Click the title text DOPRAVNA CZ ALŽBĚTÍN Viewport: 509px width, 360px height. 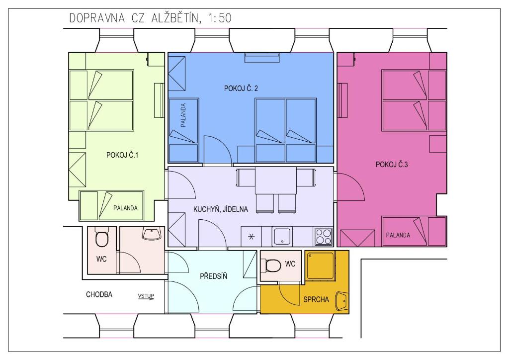coord(133,18)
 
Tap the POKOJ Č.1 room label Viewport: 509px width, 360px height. coord(122,155)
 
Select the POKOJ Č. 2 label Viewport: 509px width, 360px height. coord(241,89)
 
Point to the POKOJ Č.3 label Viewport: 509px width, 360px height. coord(392,165)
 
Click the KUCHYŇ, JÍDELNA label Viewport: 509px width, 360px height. coord(221,209)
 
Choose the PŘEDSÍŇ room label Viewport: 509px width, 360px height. coord(213,276)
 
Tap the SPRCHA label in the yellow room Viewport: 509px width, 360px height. coord(316,299)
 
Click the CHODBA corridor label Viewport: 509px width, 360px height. coord(99,294)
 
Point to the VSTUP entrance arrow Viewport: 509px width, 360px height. coord(146,297)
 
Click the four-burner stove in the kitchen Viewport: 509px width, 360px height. coord(324,236)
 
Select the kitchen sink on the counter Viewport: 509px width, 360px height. coord(282,236)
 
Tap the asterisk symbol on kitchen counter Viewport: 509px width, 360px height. coord(251,237)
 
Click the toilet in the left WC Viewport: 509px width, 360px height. coord(101,238)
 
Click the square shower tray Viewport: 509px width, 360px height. coord(321,266)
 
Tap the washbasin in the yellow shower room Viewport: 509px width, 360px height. coord(342,301)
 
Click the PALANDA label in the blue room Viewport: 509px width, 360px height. coord(183,115)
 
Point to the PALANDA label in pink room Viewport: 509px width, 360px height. coord(398,235)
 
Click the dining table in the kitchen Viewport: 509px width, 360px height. coord(275,180)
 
